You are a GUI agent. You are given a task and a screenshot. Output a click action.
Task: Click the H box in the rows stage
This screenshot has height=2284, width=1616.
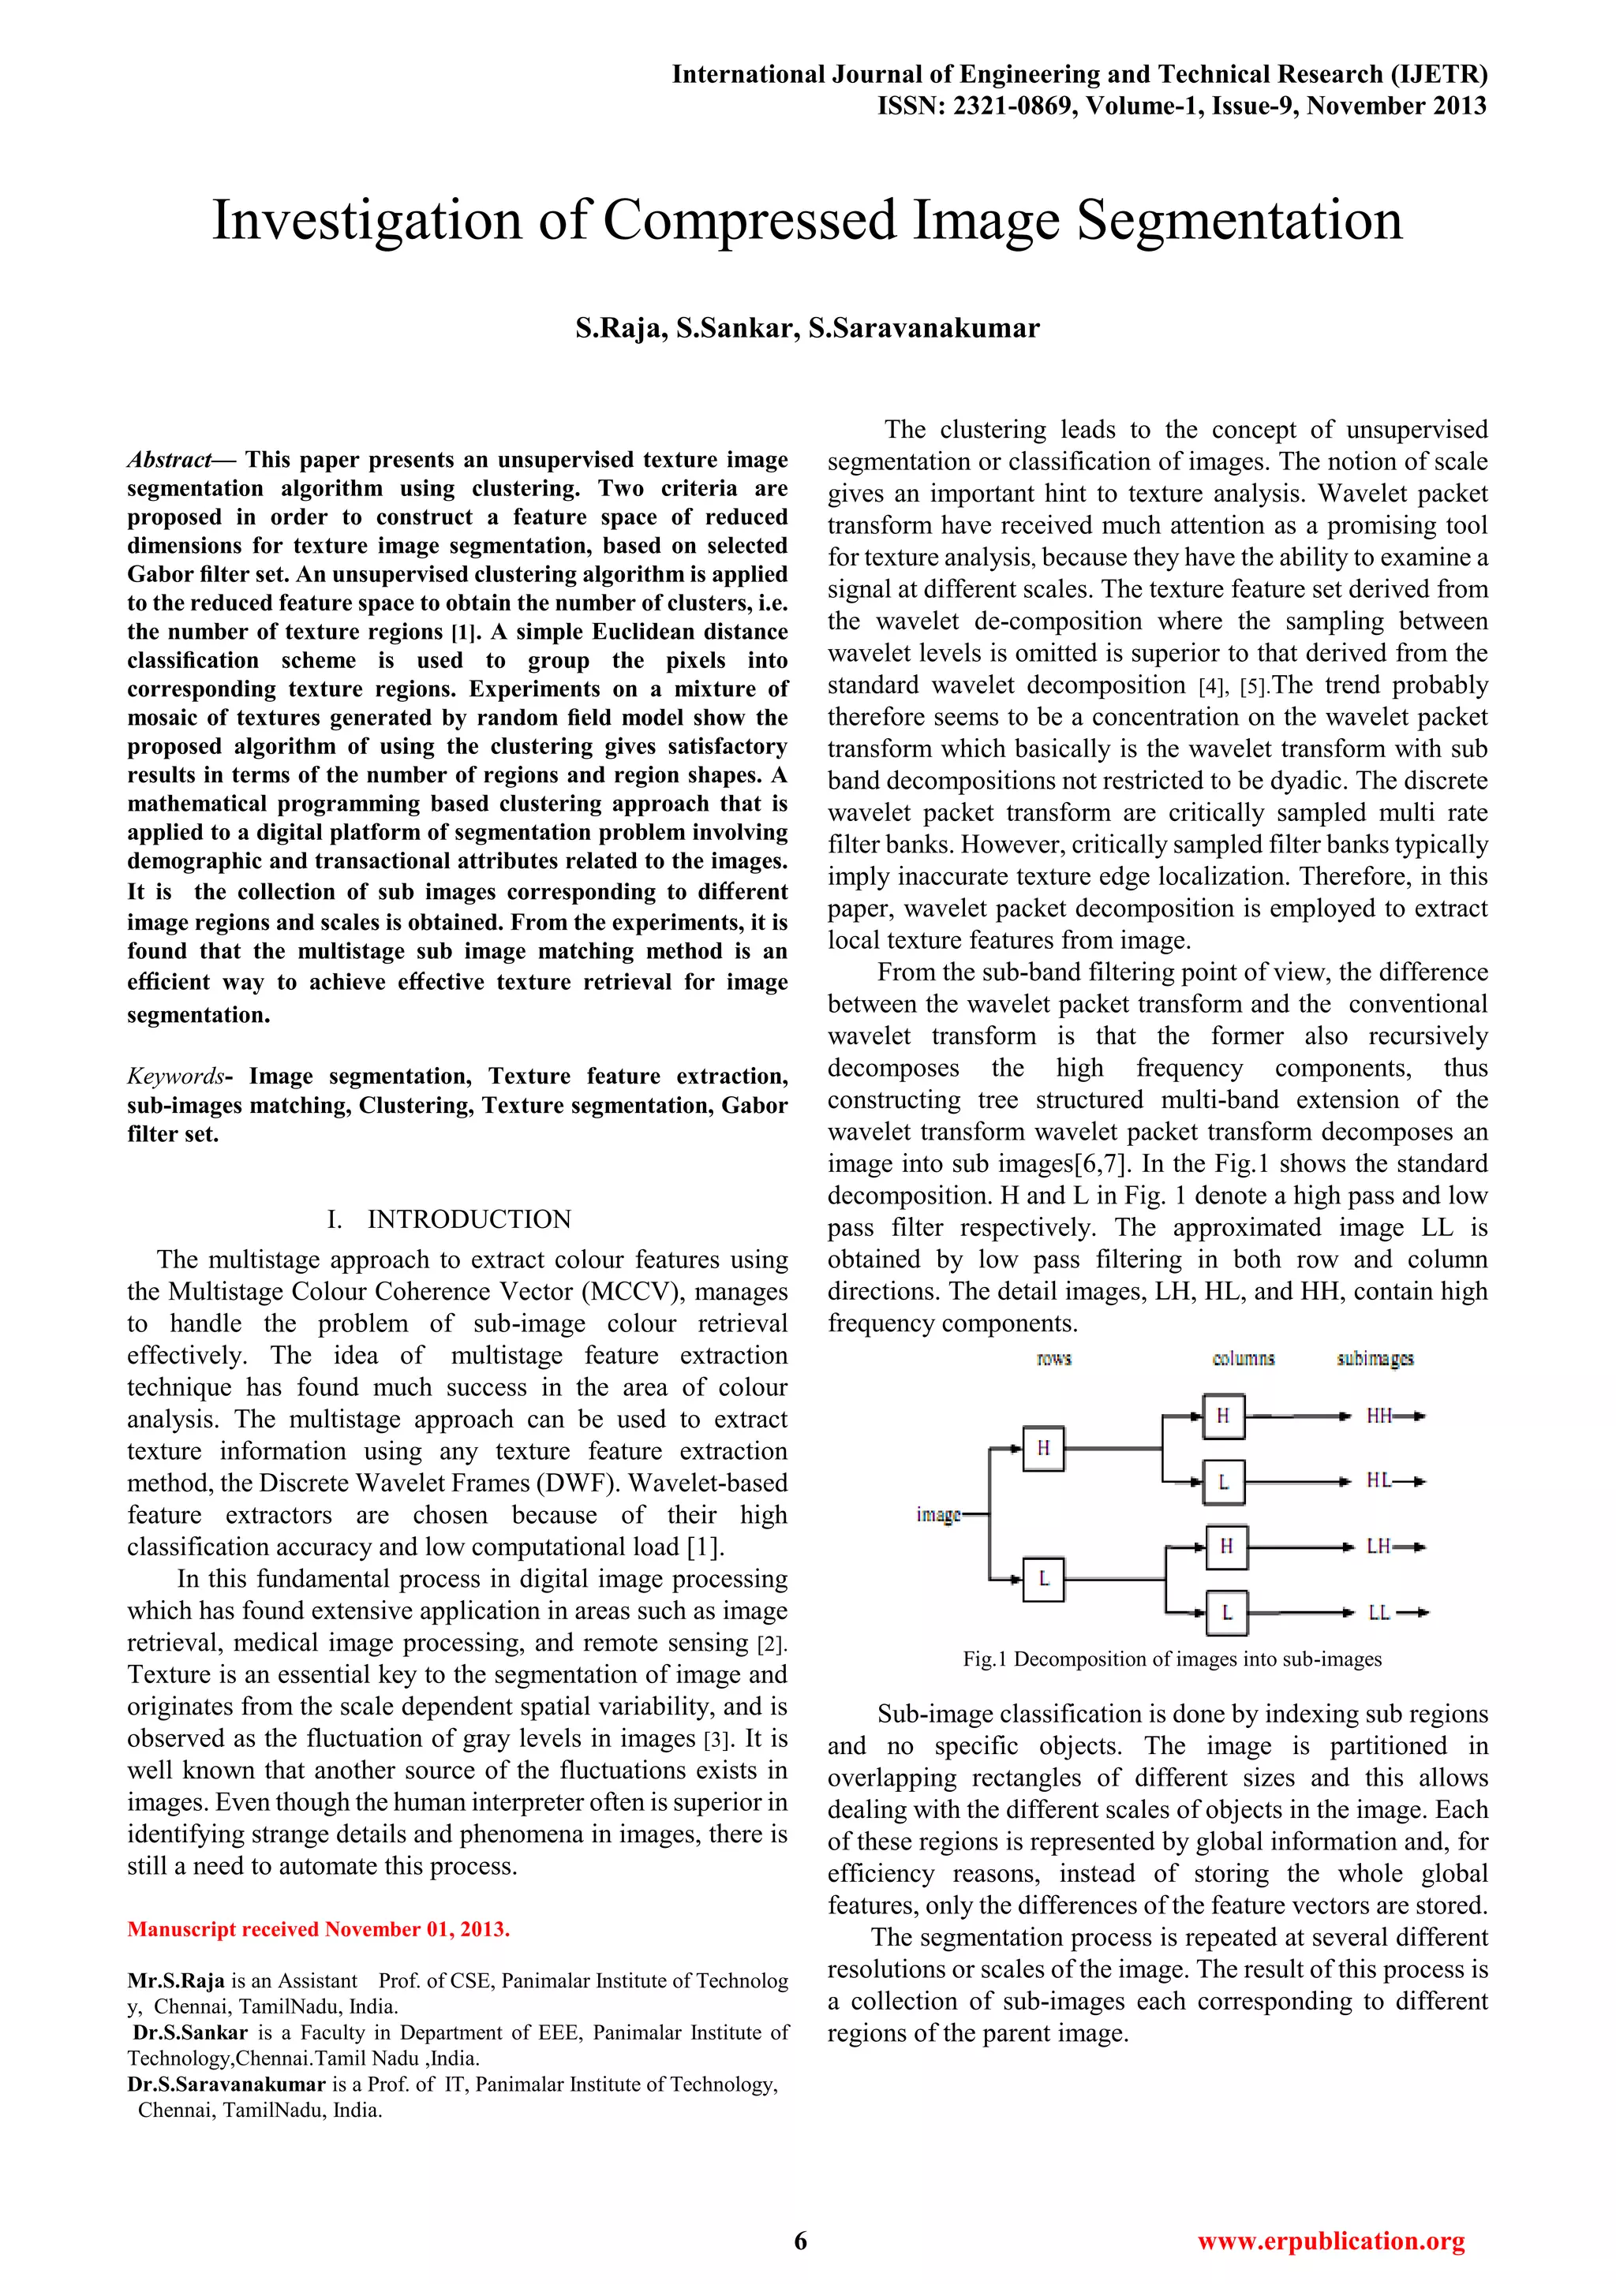point(1043,1448)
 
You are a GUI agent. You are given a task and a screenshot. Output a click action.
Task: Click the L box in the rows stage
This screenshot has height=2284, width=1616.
point(1043,1577)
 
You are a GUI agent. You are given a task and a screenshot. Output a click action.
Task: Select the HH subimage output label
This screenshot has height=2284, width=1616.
point(1378,1416)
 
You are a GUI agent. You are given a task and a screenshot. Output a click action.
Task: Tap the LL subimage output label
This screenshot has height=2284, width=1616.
point(1378,1613)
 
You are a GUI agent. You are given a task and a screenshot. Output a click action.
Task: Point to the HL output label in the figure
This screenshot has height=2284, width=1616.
point(1378,1481)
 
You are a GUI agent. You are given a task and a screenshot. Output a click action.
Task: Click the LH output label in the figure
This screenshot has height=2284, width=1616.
point(1378,1547)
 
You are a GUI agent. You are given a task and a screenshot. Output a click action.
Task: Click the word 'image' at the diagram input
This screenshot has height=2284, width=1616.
point(937,1514)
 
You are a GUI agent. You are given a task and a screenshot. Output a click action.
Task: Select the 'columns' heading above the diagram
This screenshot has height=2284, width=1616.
point(1243,1358)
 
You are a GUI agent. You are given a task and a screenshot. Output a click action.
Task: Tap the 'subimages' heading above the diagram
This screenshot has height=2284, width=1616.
point(1375,1358)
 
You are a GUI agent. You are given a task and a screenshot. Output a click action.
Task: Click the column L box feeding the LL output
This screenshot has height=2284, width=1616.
point(1226,1613)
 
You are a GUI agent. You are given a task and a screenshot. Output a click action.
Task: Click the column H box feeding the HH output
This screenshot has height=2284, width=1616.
point(1223,1416)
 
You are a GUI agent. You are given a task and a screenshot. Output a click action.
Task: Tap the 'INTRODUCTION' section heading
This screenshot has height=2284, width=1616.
point(469,1219)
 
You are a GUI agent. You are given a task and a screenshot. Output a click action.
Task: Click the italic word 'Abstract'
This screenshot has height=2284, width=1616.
point(169,460)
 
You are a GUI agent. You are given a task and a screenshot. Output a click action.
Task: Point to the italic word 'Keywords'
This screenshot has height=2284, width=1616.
point(176,1077)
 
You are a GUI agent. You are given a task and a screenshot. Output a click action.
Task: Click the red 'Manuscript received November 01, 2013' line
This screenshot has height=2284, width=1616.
point(319,1930)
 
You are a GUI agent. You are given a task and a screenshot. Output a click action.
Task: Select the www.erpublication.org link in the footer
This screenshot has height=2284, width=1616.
point(1330,2241)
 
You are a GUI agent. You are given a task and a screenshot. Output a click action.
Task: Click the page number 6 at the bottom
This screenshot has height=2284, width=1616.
point(800,2241)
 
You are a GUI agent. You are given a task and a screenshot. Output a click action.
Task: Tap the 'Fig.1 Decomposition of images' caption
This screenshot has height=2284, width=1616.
point(1171,1659)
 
